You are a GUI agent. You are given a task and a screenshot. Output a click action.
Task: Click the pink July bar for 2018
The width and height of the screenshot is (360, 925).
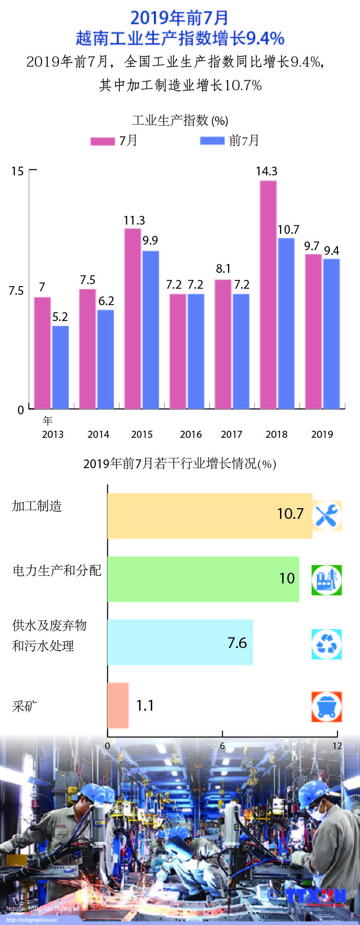click(x=268, y=294)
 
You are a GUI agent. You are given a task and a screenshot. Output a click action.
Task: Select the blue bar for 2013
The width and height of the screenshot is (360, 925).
click(x=61, y=367)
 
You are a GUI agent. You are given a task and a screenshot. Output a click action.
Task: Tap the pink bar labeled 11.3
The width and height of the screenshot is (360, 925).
click(x=133, y=318)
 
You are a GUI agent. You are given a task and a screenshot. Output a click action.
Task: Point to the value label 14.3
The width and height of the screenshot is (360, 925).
click(x=267, y=171)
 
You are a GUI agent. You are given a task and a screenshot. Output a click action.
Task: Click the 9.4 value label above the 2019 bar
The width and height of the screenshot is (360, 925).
click(x=332, y=251)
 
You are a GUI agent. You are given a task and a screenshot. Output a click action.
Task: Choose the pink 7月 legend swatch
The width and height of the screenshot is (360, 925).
click(x=103, y=141)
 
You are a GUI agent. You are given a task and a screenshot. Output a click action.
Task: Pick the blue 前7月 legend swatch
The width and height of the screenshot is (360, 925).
click(x=212, y=140)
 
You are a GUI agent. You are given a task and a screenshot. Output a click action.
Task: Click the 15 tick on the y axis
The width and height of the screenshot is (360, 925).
click(x=17, y=171)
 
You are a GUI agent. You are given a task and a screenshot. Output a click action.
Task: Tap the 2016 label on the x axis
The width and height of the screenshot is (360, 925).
click(x=191, y=434)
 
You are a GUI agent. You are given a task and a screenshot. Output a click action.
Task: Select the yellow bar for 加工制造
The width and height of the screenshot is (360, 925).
click(x=209, y=515)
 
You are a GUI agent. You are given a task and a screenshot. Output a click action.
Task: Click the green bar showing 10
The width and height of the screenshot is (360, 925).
click(x=203, y=579)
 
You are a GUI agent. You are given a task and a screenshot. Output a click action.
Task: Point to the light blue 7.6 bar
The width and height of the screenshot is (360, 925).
click(x=179, y=642)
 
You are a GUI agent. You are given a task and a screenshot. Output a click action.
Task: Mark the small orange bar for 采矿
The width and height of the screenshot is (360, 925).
click(x=118, y=705)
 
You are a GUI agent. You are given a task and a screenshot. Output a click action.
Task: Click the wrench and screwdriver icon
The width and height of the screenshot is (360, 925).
click(x=327, y=515)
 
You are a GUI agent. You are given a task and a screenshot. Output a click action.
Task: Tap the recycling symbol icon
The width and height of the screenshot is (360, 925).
click(x=327, y=644)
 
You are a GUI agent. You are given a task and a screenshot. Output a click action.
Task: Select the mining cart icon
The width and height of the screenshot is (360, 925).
click(x=327, y=707)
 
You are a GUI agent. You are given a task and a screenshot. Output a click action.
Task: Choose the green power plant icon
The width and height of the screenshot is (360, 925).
click(x=327, y=580)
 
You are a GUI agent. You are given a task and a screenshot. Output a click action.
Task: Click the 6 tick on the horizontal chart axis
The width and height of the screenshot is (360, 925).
click(x=222, y=746)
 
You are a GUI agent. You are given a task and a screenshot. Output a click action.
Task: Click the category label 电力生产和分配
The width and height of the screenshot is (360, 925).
click(x=57, y=571)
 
